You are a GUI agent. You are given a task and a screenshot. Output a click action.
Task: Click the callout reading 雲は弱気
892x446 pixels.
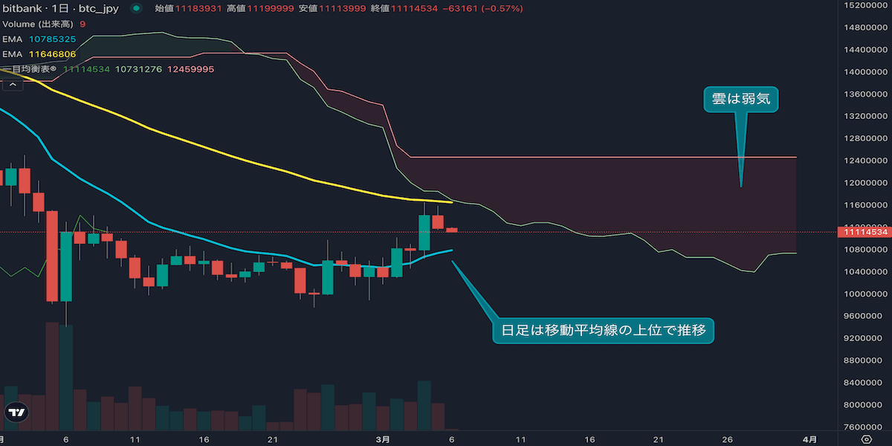coord(740,99)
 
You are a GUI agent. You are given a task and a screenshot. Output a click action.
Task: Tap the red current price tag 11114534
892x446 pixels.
coord(863,232)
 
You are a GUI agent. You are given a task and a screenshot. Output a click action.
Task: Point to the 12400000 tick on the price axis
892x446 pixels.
coord(868,161)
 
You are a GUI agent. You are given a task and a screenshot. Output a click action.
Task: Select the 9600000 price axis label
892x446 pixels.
coord(868,316)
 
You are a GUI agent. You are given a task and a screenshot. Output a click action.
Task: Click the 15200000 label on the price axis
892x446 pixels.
coord(868,5)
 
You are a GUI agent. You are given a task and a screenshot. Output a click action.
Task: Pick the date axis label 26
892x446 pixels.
coord(728,439)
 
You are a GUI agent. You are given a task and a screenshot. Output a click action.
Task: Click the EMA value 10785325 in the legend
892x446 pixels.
coord(53,39)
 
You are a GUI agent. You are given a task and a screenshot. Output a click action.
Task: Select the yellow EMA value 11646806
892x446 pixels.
coord(53,54)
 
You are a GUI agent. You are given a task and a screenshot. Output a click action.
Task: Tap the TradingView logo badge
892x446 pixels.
coord(16,412)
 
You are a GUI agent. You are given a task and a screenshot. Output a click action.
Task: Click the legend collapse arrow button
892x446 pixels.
coord(12,85)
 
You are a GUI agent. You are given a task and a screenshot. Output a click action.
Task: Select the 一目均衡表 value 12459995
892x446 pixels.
coord(191,68)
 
